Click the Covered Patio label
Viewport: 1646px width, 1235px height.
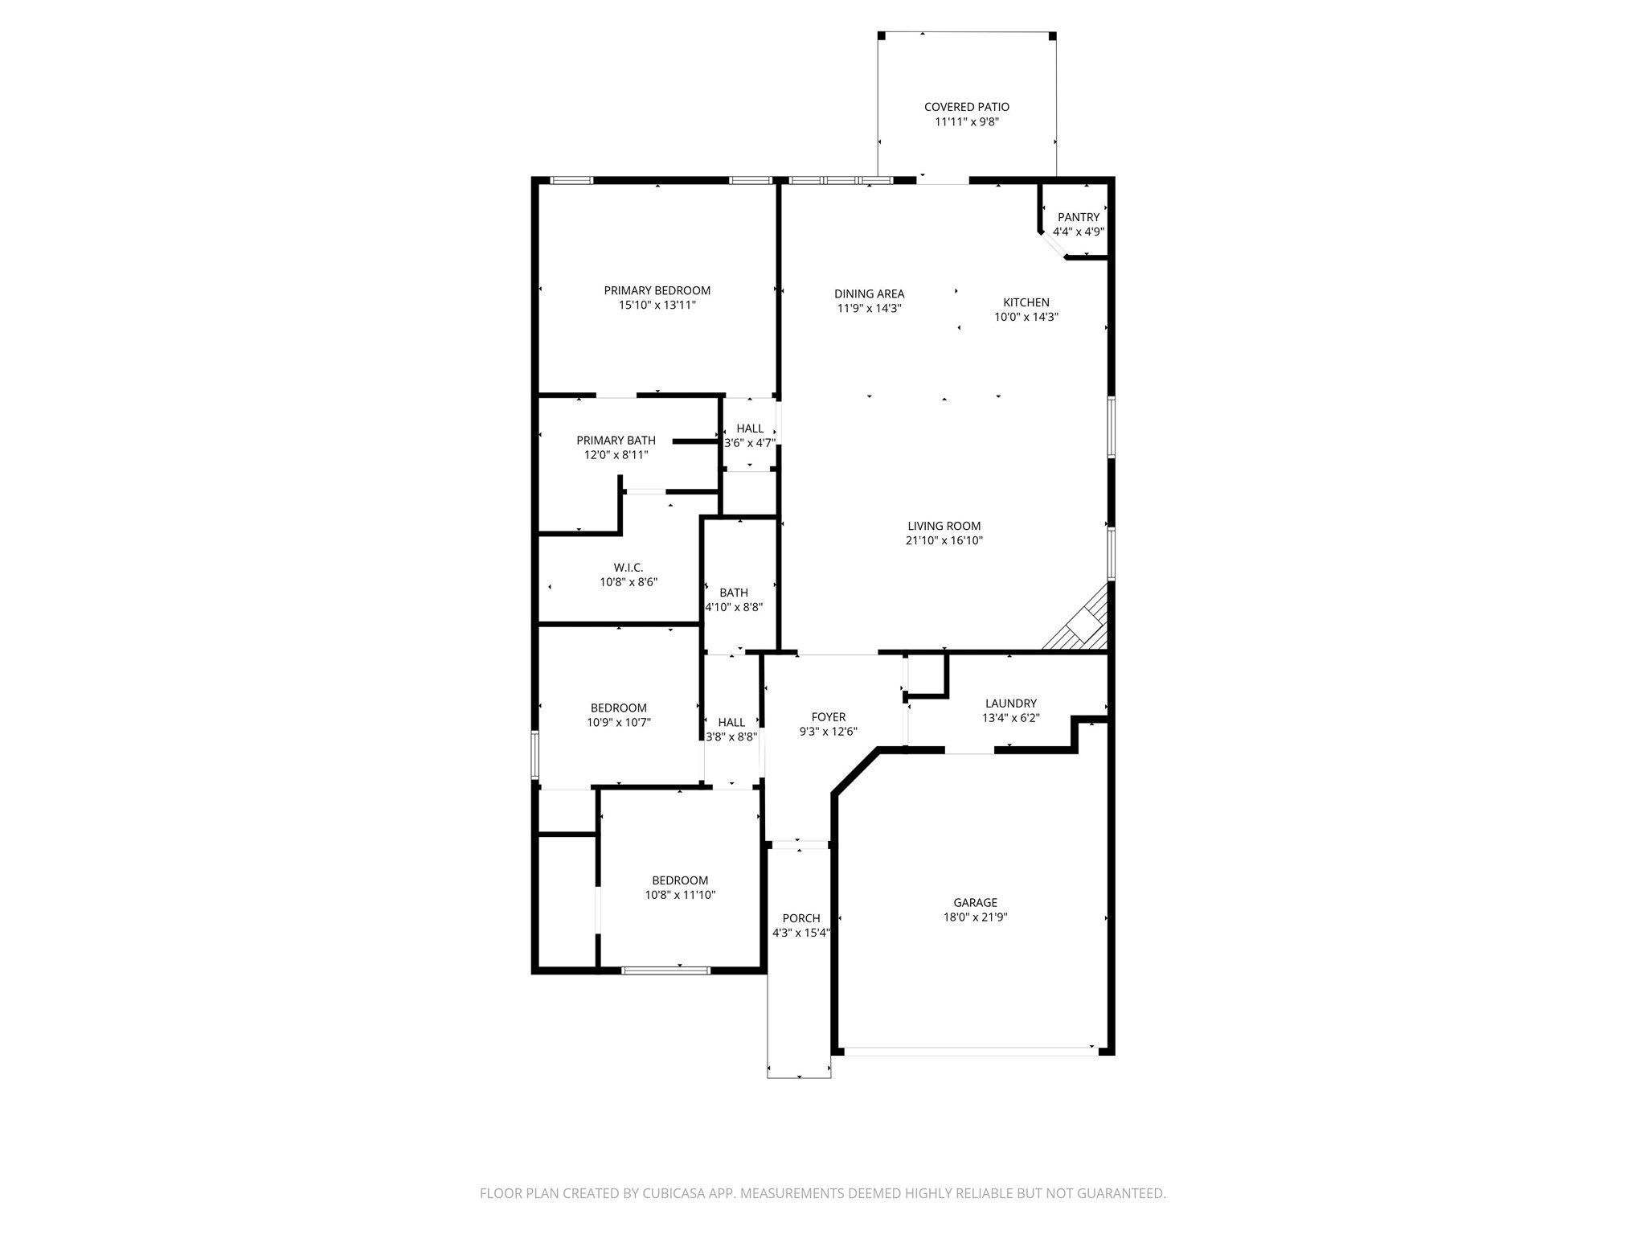966,107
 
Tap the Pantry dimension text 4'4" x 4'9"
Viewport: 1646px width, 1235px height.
1079,232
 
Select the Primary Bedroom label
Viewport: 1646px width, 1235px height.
657,290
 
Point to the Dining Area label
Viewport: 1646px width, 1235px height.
869,293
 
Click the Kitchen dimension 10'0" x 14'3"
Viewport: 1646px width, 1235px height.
1026,317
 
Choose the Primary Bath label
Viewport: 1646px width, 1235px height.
616,440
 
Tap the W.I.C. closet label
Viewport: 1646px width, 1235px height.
629,568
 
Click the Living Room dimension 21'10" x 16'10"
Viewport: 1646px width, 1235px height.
944,540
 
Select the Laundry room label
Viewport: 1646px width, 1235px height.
1011,704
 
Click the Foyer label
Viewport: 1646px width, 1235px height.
829,717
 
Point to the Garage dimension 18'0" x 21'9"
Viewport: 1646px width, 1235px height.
976,917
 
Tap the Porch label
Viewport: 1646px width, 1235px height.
801,918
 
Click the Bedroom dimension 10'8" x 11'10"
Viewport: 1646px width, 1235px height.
680,895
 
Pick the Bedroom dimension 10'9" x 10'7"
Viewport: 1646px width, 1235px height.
619,722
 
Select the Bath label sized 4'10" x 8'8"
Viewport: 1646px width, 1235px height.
734,593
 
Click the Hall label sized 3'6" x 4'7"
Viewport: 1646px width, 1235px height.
750,429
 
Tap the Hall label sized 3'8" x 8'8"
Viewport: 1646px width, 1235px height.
731,722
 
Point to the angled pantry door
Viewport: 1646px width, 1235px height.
1053,245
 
